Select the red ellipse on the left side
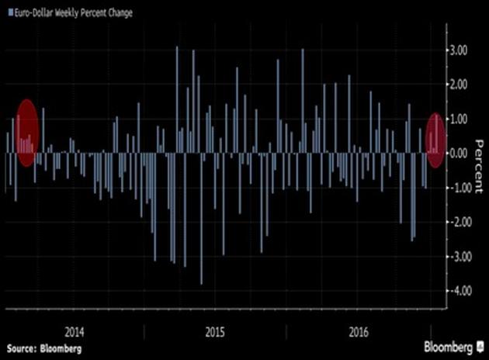27,133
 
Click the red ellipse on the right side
436,140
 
